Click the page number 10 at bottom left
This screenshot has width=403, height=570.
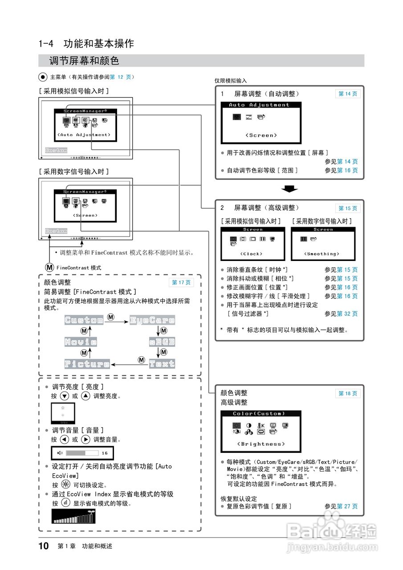point(44,546)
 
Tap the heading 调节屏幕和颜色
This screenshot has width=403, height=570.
point(84,61)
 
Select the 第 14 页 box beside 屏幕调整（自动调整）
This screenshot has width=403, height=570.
point(347,94)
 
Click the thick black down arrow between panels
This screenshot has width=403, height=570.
point(289,189)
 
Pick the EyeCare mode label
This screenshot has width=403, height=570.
point(152,320)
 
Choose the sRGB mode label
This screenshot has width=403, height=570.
point(162,342)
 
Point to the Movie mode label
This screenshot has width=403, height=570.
point(81,342)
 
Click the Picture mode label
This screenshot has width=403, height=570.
point(87,364)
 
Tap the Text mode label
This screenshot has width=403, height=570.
point(162,364)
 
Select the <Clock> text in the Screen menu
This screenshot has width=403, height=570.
point(251,254)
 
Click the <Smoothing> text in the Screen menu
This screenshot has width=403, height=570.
point(322,254)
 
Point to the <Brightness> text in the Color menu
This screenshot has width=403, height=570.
point(261,444)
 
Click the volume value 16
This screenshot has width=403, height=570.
point(105,453)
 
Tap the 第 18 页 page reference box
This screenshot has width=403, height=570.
point(347,394)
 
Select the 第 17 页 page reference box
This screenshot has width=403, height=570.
point(181,283)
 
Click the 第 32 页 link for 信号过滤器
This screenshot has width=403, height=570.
point(347,314)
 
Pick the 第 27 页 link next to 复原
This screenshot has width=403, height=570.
point(347,506)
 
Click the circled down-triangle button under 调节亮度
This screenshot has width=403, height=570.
point(64,396)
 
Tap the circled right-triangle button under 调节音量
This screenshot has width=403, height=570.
point(85,440)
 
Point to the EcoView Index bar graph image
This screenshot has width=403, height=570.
point(74,517)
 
